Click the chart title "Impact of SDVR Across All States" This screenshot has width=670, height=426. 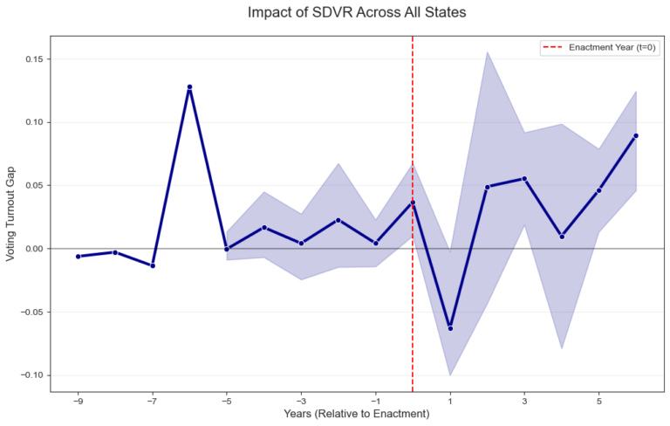(357, 13)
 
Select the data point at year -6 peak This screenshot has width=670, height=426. (189, 87)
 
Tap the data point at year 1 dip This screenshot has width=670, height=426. (450, 328)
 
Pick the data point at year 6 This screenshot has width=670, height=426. (636, 135)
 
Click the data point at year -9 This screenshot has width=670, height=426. (78, 257)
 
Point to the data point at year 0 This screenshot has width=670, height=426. (413, 203)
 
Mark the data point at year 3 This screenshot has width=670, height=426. (524, 178)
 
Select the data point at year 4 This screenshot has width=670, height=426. (562, 237)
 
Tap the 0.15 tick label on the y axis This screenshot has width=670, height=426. (34, 59)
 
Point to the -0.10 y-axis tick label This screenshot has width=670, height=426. (31, 375)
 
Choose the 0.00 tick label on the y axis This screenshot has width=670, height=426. (34, 249)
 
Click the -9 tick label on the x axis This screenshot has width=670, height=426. (78, 402)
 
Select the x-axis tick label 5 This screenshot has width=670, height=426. (598, 402)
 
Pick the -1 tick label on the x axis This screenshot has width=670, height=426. (375, 402)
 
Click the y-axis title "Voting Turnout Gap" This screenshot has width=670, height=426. (11, 217)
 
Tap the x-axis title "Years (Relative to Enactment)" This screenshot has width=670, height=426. (357, 414)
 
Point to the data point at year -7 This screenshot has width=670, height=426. (153, 265)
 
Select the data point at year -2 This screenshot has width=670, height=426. (338, 220)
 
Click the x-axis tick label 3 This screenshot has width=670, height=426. (524, 402)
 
